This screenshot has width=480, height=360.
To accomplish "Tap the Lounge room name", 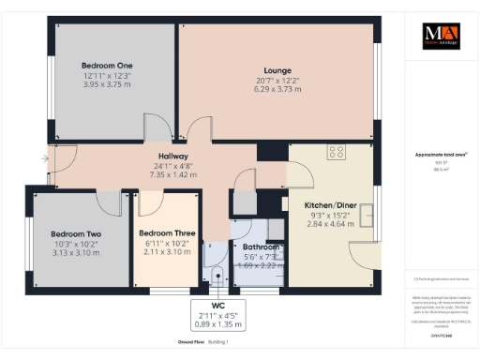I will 277,71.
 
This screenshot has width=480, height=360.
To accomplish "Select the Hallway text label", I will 173,157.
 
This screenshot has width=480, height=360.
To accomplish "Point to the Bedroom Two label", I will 76,233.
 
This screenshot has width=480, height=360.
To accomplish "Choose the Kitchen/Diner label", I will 329,204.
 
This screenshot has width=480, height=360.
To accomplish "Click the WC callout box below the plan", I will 217,315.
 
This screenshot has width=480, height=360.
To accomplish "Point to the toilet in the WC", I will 217,275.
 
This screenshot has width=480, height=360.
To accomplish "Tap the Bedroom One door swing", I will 157,128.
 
